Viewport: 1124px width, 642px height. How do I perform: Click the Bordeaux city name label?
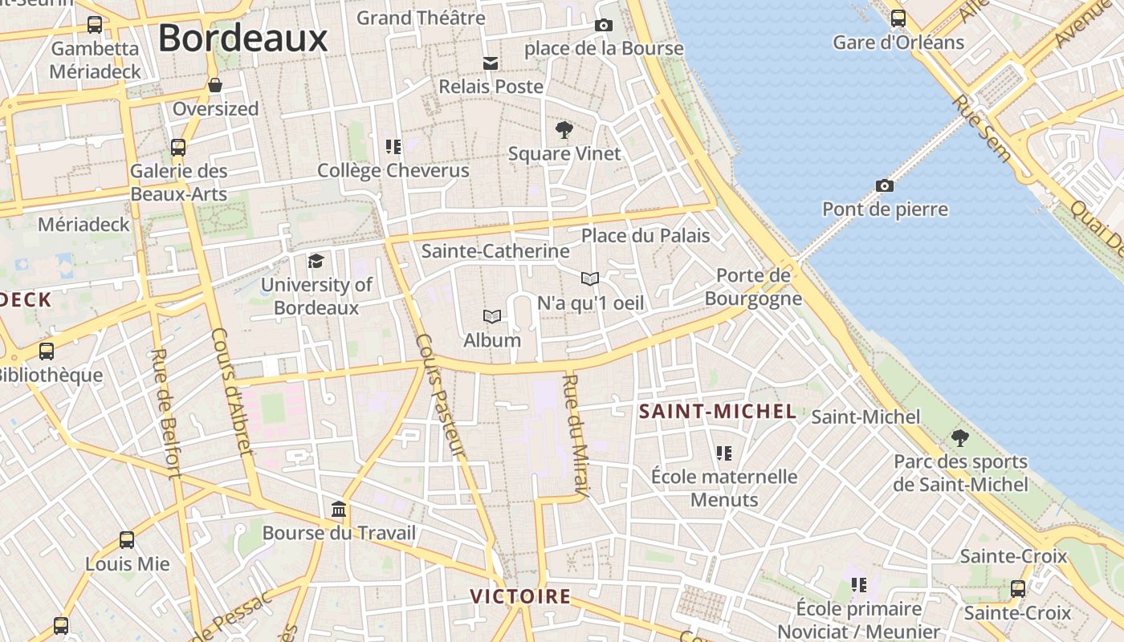click(x=242, y=39)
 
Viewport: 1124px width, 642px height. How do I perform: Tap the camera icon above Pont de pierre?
click(x=884, y=186)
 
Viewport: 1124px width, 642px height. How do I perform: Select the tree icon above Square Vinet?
click(x=564, y=129)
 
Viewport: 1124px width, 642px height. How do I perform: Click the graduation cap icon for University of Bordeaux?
click(x=316, y=261)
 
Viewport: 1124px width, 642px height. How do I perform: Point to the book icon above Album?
click(x=492, y=317)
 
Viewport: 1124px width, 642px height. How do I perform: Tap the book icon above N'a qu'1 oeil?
click(x=590, y=278)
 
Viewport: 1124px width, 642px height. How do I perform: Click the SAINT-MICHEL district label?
click(x=717, y=412)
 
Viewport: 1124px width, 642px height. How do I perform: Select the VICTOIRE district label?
click(x=520, y=596)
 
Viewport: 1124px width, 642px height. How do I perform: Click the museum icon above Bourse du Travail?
click(x=339, y=510)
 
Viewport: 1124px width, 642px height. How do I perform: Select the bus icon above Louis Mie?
click(x=127, y=540)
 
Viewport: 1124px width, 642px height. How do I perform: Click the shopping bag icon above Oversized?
click(x=215, y=85)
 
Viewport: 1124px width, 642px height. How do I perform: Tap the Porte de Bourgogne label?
click(x=753, y=287)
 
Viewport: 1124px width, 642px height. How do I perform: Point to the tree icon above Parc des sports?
click(x=959, y=438)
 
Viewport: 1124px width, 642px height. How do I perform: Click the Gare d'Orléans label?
click(x=898, y=42)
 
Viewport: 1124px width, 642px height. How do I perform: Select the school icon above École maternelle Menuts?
click(x=724, y=453)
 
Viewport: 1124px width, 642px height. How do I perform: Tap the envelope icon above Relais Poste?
click(x=491, y=63)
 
